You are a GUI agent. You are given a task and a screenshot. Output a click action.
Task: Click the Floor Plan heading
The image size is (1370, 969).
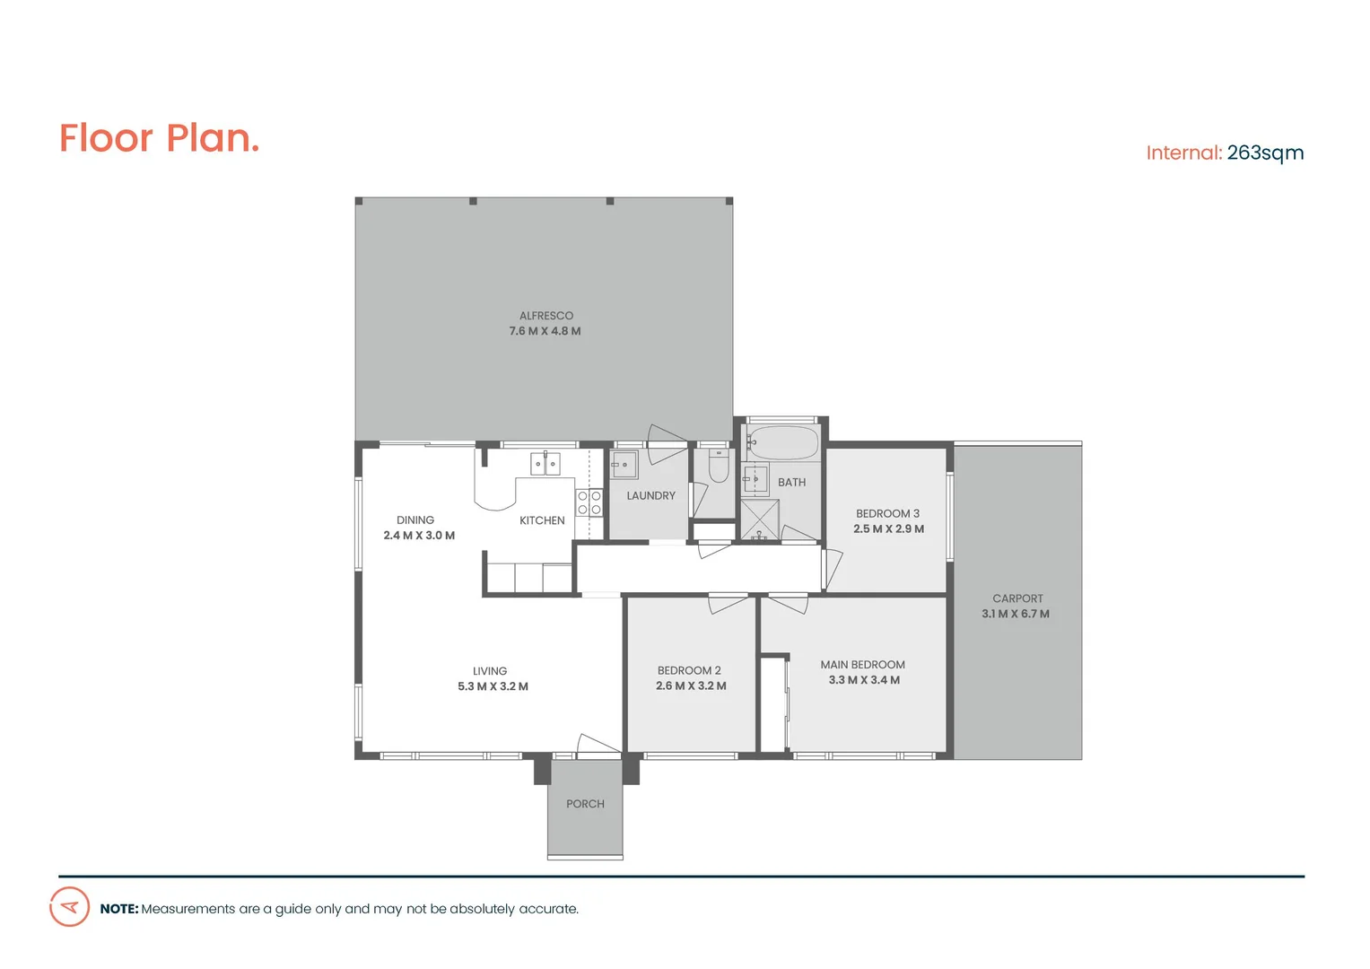point(160,139)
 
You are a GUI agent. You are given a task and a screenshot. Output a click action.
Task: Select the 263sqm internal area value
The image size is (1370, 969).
point(1265,153)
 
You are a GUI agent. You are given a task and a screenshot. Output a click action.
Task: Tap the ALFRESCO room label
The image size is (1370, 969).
point(545,316)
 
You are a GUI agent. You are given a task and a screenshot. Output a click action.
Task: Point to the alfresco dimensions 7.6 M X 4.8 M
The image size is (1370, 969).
point(545,331)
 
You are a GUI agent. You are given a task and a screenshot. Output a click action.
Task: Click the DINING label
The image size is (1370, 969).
point(415,520)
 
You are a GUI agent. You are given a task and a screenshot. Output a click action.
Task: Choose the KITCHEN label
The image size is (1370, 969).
point(542,520)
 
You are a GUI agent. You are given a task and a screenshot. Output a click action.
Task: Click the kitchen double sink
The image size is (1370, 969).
point(545,464)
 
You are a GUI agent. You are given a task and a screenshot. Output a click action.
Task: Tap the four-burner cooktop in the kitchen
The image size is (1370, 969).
point(589,502)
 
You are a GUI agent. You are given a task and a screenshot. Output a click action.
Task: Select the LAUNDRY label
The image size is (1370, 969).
point(650,496)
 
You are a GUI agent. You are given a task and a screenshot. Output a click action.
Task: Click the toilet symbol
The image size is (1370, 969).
point(719,467)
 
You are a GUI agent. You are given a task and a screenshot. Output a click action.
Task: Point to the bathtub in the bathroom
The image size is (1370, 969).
point(783,442)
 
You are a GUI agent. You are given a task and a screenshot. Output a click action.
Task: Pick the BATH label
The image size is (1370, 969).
point(791,483)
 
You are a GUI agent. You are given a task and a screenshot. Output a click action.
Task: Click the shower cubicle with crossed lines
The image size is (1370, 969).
point(759,519)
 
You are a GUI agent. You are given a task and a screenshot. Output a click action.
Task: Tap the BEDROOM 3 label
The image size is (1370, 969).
point(887,514)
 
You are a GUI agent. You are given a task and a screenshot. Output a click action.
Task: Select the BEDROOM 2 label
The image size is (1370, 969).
point(689,671)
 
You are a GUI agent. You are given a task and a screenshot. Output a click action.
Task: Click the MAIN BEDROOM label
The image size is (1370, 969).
point(862,665)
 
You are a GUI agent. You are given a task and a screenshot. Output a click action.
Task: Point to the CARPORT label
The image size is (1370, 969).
point(1017,598)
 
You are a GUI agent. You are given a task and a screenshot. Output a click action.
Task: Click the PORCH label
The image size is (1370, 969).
point(585,804)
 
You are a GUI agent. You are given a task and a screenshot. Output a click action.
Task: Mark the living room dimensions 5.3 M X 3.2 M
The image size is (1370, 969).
point(493,686)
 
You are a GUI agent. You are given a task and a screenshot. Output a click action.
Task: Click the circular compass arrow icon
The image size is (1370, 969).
point(69,907)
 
